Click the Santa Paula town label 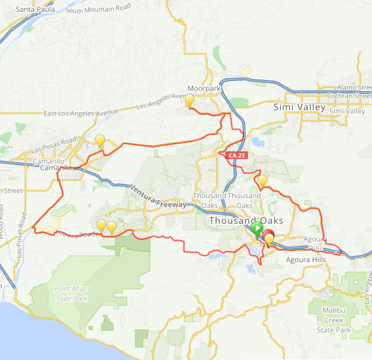tap(35, 9)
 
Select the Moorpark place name tap(204, 89)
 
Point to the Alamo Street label tap(353, 87)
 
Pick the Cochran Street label tap(350, 96)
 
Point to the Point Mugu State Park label tap(80, 293)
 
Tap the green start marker tap(258, 229)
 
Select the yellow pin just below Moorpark tap(190, 101)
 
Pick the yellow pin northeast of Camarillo tap(101, 140)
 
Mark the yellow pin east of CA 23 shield tap(262, 181)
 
